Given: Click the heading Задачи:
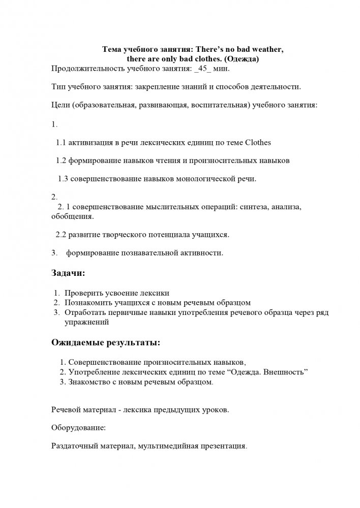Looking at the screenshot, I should [x=69, y=273].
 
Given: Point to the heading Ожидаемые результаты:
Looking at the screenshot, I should [x=106, y=342].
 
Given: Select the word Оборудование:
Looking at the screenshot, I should [x=79, y=428].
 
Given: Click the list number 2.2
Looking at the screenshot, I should [x=61, y=234].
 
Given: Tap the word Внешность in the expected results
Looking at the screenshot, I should [x=285, y=372].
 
